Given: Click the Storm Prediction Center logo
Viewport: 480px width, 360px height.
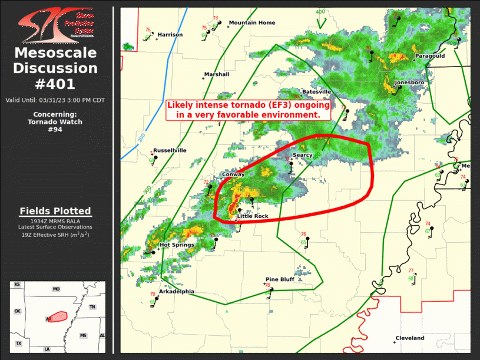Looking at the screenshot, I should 57,25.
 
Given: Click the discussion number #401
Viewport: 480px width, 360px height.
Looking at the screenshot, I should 55,84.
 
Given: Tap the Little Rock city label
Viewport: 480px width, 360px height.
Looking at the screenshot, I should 253,216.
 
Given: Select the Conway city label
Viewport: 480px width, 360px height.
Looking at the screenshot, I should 233,174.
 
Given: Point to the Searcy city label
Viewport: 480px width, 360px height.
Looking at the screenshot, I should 303,155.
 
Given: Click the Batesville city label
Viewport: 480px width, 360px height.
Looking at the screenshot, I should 316,92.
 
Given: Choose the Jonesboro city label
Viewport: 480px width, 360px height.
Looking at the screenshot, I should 409,82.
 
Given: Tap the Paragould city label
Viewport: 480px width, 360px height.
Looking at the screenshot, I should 430,56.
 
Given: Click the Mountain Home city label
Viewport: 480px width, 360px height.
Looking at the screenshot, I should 252,22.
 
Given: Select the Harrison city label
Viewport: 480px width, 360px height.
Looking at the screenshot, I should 170,35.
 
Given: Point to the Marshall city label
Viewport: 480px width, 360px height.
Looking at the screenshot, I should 217,74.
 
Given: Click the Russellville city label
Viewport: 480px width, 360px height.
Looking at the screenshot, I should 170,150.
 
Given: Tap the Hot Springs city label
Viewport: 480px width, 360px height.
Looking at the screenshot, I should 173,245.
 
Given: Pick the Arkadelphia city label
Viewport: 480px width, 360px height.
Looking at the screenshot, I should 176,291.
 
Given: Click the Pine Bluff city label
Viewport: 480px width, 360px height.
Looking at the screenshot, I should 280,279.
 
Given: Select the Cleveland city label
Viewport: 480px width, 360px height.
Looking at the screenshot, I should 409,338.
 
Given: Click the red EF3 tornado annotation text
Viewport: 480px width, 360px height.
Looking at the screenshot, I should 247,110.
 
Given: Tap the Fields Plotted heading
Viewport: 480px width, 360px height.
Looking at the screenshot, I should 55,211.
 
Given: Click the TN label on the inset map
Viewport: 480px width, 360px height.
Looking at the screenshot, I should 92,307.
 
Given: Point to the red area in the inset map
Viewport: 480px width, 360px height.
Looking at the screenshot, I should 57,317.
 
